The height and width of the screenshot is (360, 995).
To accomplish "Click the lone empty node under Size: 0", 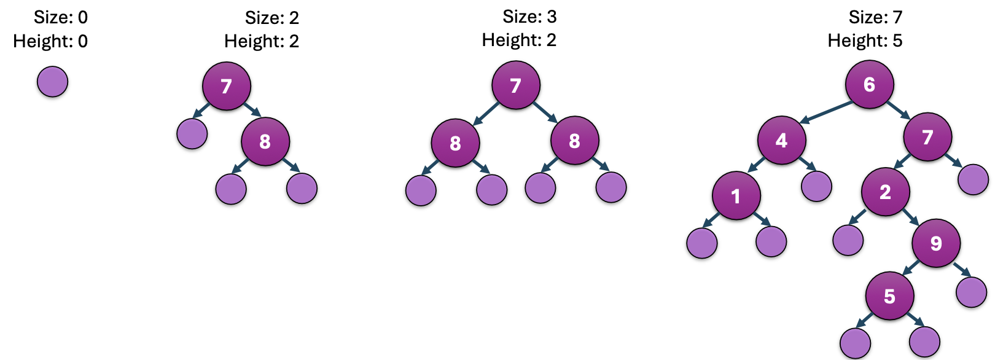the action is [52, 82].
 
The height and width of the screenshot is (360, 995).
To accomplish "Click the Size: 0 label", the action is [60, 17].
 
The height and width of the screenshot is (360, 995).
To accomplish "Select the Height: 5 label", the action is [865, 41].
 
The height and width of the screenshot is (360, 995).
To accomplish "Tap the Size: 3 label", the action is [529, 17].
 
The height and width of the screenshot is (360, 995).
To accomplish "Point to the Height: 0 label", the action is [50, 41].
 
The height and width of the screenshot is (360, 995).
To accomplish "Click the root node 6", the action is [869, 84].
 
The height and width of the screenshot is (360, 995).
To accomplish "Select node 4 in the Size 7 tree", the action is [781, 141].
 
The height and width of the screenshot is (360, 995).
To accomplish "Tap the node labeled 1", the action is [736, 195].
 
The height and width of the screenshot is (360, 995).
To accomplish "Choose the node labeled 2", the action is [885, 192].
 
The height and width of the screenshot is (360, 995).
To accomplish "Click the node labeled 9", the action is [936, 243].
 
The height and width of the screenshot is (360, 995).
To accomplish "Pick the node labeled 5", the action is [889, 296].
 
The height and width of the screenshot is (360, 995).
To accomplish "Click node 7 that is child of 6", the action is [927, 137].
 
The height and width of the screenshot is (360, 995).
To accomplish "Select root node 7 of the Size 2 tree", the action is [227, 86].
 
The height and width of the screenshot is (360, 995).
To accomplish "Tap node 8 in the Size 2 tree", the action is [265, 142].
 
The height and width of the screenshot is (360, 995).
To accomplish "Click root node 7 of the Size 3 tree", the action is [516, 85].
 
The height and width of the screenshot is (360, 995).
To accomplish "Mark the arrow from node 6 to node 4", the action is [827, 112].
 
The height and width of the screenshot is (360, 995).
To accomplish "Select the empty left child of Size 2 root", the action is [192, 133].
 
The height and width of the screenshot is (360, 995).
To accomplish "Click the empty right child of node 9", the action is [971, 292].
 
